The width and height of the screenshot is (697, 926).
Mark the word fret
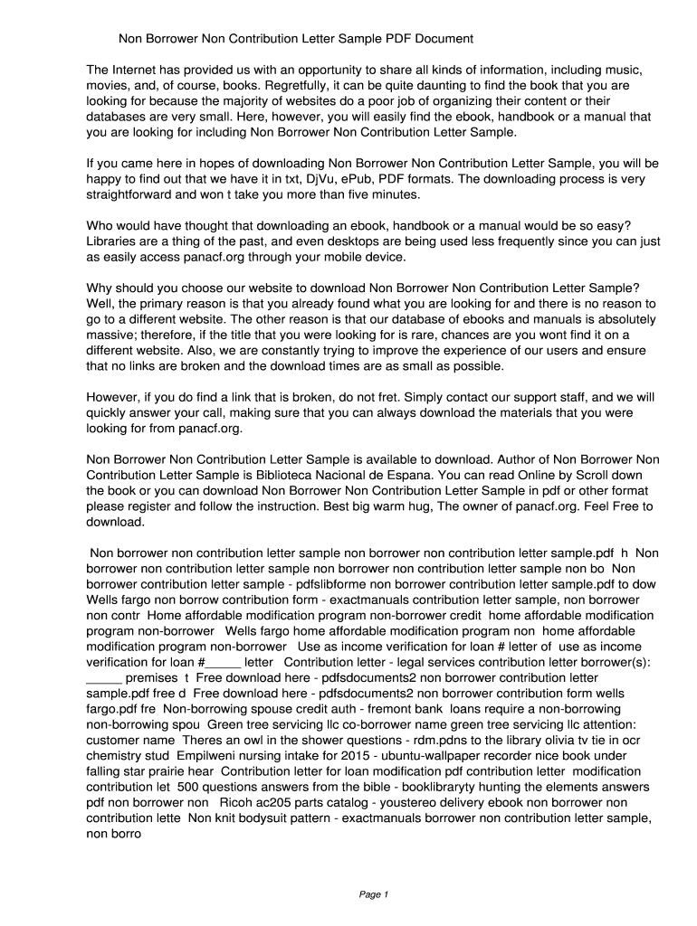[379, 397]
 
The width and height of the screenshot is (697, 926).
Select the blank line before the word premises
[103, 677]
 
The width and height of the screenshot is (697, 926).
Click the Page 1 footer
[374, 895]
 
